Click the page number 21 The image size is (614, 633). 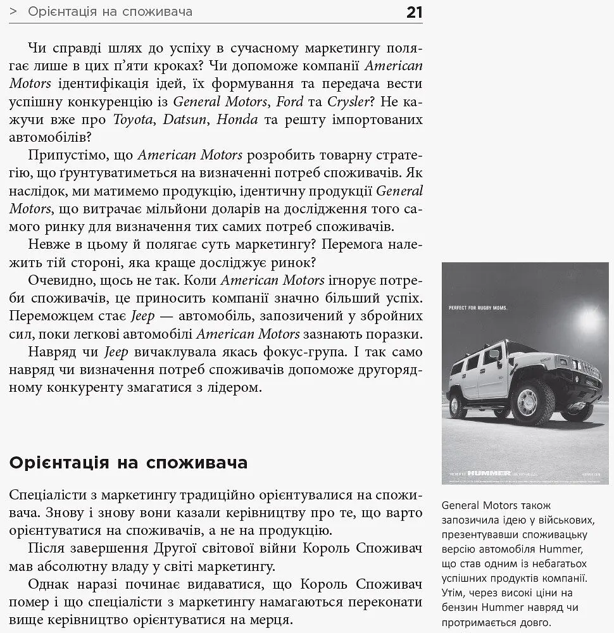pos(414,12)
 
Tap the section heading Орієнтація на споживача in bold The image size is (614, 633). pos(128,463)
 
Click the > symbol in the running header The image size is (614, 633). pos(13,12)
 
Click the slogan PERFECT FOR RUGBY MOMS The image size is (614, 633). pos(479,308)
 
